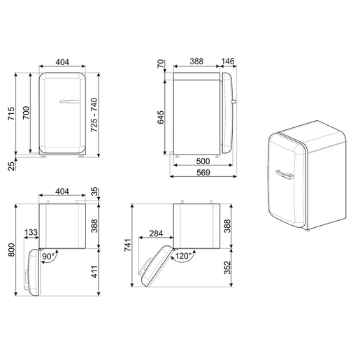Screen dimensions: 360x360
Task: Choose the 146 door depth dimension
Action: pos(229,62)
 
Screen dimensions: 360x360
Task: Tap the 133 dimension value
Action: pos(31,233)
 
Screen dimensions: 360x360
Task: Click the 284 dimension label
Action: pos(156,233)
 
